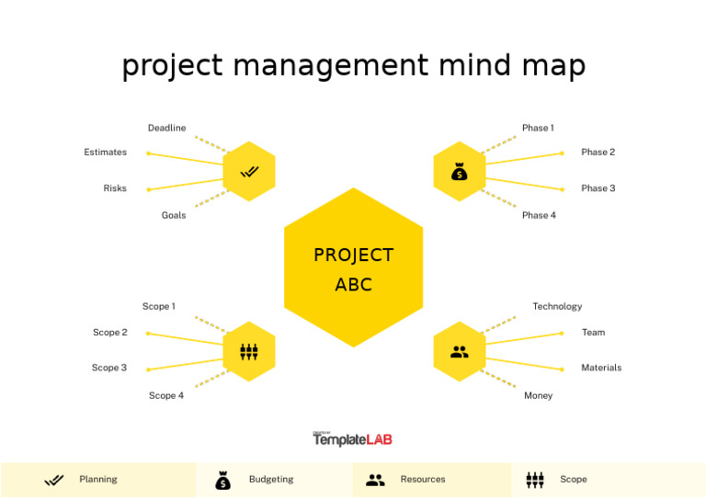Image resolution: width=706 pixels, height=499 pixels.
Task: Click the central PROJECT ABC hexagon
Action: click(x=353, y=268)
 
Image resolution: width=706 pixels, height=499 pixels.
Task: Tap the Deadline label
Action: click(x=166, y=128)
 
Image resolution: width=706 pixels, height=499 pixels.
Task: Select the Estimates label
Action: click(x=106, y=153)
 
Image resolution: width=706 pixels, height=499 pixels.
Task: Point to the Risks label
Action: click(x=115, y=188)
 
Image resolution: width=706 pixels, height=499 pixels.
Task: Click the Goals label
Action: click(x=174, y=216)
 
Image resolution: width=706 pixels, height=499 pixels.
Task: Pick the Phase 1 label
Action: click(x=538, y=128)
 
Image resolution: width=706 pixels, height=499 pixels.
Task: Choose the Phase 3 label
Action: click(x=598, y=188)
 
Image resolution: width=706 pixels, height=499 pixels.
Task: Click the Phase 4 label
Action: click(x=539, y=216)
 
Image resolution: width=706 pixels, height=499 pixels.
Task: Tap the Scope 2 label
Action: click(x=110, y=333)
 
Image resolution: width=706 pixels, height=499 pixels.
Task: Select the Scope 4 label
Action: click(x=166, y=396)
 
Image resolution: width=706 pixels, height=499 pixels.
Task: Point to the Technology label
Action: click(x=557, y=307)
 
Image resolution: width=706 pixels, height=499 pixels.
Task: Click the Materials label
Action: click(x=601, y=368)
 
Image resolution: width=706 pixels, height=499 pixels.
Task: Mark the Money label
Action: click(x=538, y=396)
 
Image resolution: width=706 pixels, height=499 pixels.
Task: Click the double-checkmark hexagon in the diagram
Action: click(x=249, y=172)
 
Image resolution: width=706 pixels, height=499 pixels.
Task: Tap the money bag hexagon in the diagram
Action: click(x=460, y=172)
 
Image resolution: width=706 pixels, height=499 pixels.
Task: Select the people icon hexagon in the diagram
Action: click(x=460, y=352)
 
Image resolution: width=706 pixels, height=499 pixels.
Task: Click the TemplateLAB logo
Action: click(x=352, y=439)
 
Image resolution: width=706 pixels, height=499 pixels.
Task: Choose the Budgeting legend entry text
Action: click(x=271, y=480)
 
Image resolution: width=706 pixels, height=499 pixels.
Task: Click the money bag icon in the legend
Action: click(x=222, y=480)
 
